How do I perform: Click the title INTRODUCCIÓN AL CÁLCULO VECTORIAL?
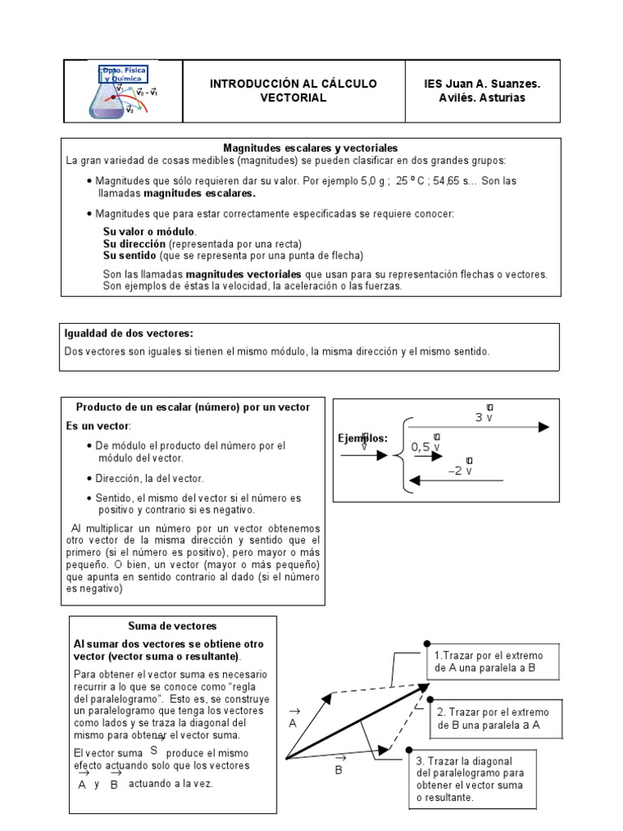pos(293,91)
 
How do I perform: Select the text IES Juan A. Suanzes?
pos(482,84)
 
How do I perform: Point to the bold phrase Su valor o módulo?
pos(149,232)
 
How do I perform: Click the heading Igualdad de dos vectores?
pos(128,334)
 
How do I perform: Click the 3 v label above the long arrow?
pos(484,417)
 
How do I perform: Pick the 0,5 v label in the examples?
pos(426,446)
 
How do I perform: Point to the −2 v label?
pos(460,471)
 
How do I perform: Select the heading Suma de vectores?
pos(173,626)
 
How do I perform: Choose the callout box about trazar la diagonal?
pos(470,779)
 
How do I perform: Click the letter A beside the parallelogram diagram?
pos(293,721)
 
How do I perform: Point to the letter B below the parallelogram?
pos(339,769)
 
